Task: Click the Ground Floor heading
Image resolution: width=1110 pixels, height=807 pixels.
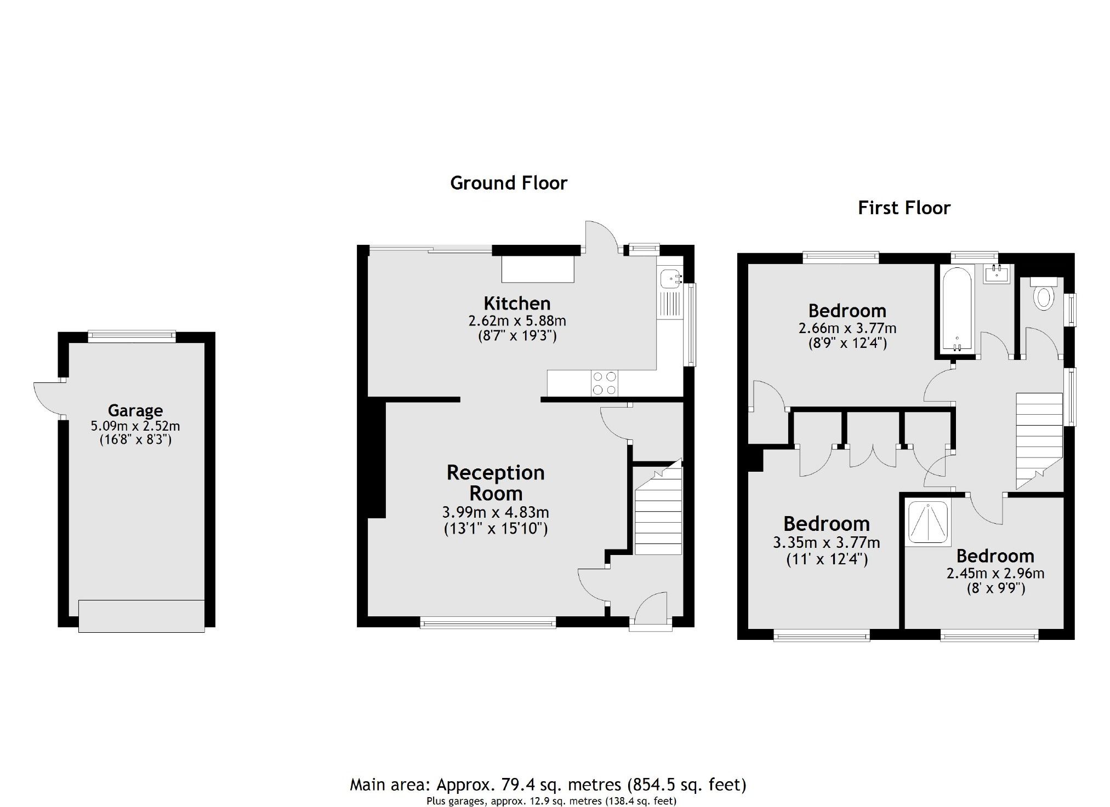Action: pyautogui.click(x=508, y=183)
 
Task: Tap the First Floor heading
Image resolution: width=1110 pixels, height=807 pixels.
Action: pyautogui.click(x=903, y=208)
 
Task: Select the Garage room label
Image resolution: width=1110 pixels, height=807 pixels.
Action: pyautogui.click(x=135, y=410)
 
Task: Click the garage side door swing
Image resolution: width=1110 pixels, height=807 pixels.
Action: pyautogui.click(x=47, y=398)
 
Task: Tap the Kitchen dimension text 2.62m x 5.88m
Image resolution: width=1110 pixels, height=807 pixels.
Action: pyautogui.click(x=516, y=320)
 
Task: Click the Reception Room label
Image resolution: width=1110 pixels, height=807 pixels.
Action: pyautogui.click(x=495, y=483)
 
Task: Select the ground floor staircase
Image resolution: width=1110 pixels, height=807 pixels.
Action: pyautogui.click(x=658, y=512)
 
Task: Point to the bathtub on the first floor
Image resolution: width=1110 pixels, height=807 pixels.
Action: pyautogui.click(x=956, y=310)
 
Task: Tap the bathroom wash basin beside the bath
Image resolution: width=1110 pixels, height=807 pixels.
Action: pyautogui.click(x=996, y=274)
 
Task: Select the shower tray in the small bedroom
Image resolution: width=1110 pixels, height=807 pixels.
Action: pyautogui.click(x=927, y=523)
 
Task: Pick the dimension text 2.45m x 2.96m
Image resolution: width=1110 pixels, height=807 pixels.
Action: pyautogui.click(x=995, y=574)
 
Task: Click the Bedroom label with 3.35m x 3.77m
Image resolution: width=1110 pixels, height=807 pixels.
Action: pyautogui.click(x=826, y=524)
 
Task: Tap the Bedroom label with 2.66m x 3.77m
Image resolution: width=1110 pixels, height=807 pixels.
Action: pyautogui.click(x=847, y=311)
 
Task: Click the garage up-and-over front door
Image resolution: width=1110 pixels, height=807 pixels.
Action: pyautogui.click(x=141, y=616)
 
